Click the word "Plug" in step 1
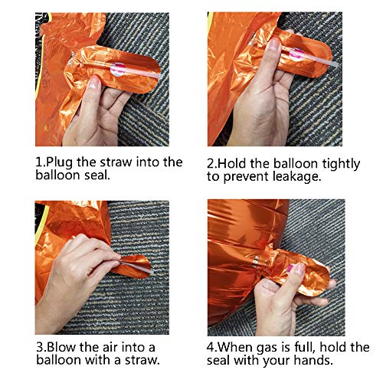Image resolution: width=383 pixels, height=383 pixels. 59,162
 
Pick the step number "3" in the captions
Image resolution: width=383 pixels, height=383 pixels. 40,347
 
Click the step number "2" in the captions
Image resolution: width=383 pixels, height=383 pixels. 210,164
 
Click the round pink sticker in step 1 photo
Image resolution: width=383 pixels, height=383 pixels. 118,70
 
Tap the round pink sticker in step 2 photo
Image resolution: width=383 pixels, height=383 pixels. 296,54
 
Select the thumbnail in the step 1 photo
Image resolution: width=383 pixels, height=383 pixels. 94,83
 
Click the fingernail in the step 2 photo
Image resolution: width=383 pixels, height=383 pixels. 274,44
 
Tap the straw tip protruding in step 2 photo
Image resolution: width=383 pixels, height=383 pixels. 336,65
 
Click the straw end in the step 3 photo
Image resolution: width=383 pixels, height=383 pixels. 151,272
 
